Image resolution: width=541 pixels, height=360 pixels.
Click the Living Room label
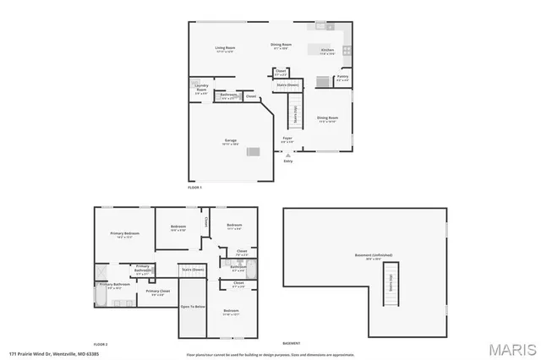[x=225, y=49]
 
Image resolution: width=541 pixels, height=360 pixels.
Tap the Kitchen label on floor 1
[x=327, y=51]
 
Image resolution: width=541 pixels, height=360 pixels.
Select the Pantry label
[x=342, y=79]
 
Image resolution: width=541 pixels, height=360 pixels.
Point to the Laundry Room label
[x=201, y=88]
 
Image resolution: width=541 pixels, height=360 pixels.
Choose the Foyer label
[x=287, y=139]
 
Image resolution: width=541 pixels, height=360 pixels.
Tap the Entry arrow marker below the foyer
[x=288, y=155]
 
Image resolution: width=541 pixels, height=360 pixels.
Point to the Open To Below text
[x=192, y=307]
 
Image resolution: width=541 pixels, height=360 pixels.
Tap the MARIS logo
[x=511, y=348]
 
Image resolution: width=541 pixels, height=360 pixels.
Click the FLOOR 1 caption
[x=195, y=187]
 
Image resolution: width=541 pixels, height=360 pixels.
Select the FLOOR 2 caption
[x=101, y=344]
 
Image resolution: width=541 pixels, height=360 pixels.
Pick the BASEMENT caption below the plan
[x=291, y=344]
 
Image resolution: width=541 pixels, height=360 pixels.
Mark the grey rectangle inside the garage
[x=252, y=150]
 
